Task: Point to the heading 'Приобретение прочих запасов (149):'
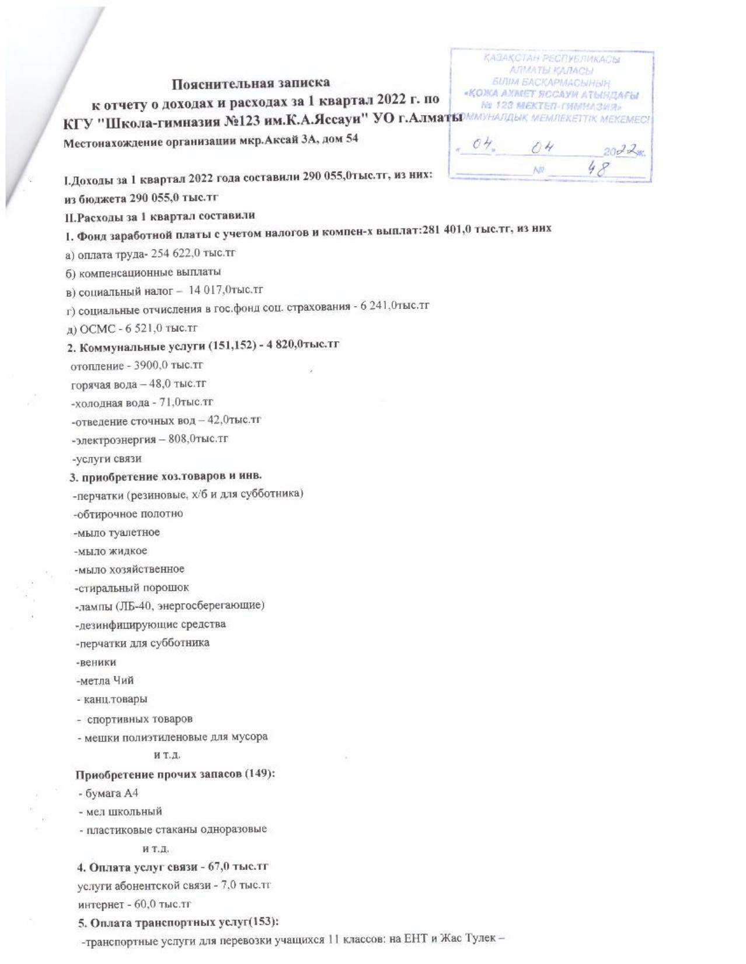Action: pyautogui.click(x=175, y=774)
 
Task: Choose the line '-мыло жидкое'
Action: pyautogui.click(x=110, y=550)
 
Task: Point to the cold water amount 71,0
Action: pyautogui.click(x=169, y=402)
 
